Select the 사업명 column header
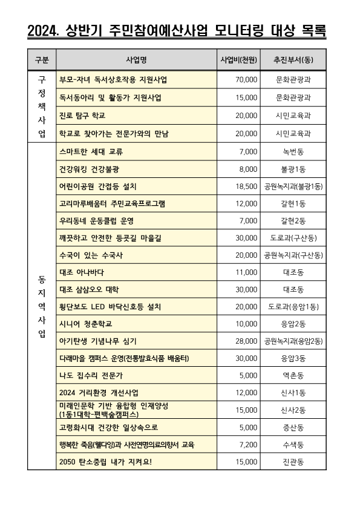[136, 60]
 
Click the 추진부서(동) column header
[293, 60]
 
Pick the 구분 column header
[42, 60]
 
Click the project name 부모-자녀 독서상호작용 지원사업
[113, 79]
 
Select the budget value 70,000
[247, 79]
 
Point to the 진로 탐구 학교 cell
[81, 115]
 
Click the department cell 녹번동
[293, 151]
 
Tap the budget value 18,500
[247, 186]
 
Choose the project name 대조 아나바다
[82, 272]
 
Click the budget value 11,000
[247, 272]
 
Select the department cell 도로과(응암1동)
[293, 307]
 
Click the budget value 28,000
[247, 341]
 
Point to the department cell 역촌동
[293, 376]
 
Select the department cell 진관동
[293, 462]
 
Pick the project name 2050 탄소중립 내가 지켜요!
[106, 462]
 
